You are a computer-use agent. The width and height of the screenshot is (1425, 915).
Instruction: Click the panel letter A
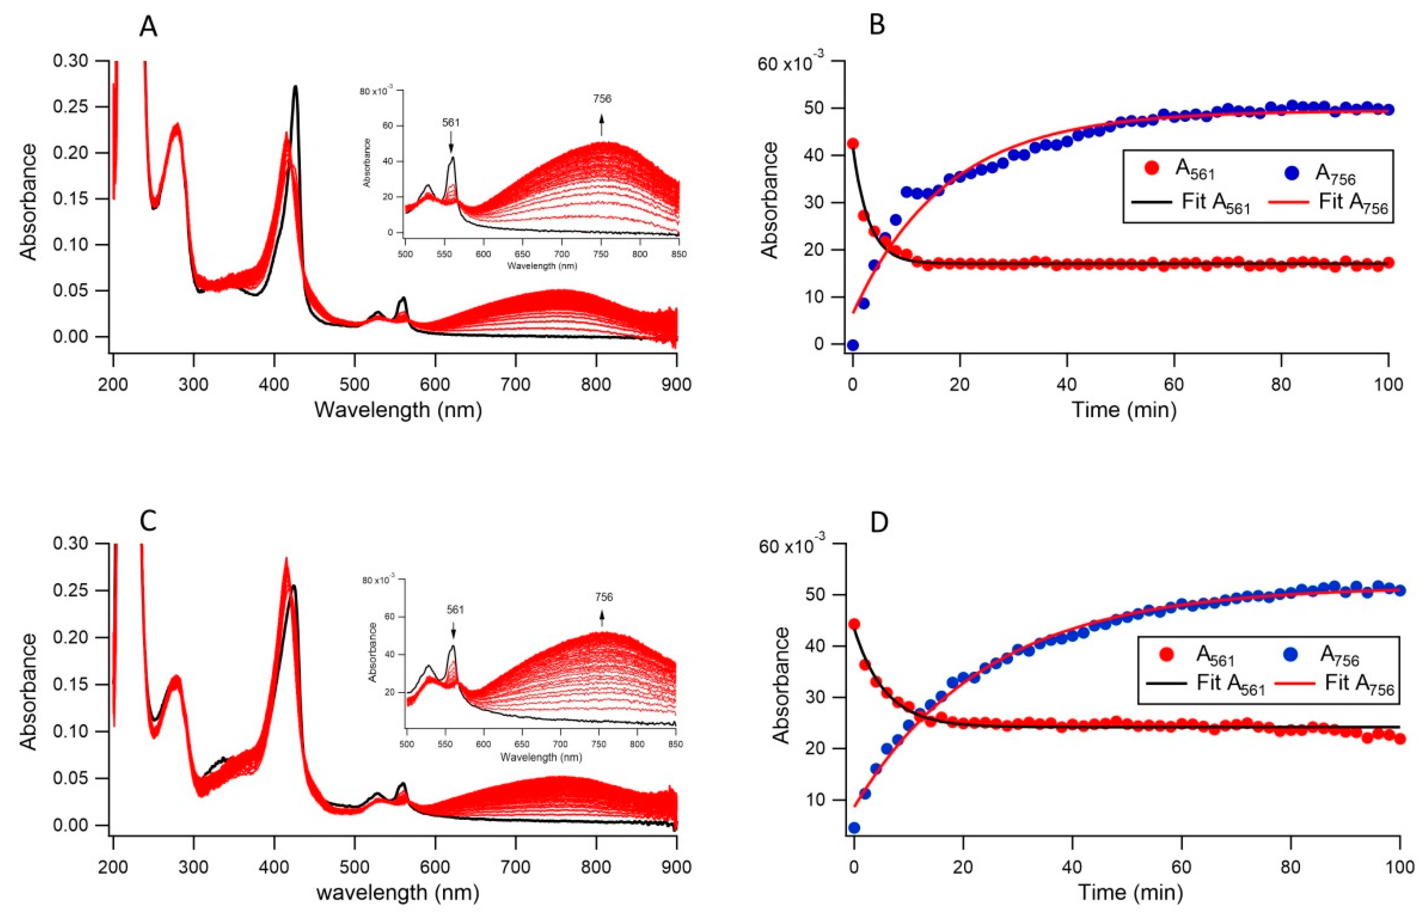[148, 27]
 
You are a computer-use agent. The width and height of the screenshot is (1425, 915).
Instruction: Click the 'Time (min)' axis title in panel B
[1124, 409]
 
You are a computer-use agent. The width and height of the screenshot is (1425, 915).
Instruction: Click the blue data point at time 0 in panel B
[853, 345]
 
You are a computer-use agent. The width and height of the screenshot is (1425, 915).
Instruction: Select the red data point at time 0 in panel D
[854, 624]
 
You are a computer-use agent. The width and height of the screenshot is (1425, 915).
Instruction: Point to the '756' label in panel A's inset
[601, 99]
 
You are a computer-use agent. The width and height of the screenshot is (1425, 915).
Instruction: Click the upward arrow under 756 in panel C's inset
[602, 620]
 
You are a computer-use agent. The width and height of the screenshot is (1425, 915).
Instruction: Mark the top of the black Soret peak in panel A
[295, 87]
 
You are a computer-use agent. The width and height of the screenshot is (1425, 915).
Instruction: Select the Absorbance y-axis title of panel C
[28, 692]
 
